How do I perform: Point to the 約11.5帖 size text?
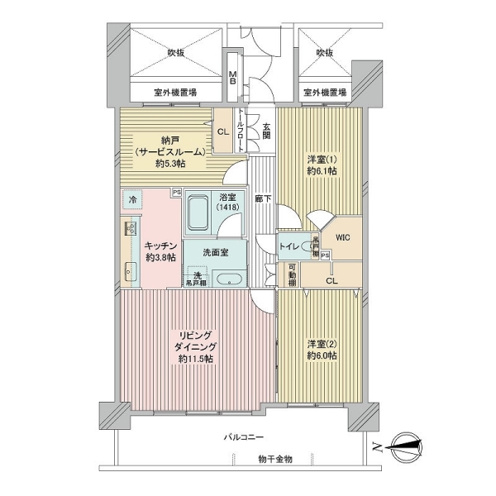(193, 359)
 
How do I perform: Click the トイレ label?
(290, 246)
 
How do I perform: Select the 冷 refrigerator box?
(132, 201)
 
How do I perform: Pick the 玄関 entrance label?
(267, 132)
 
